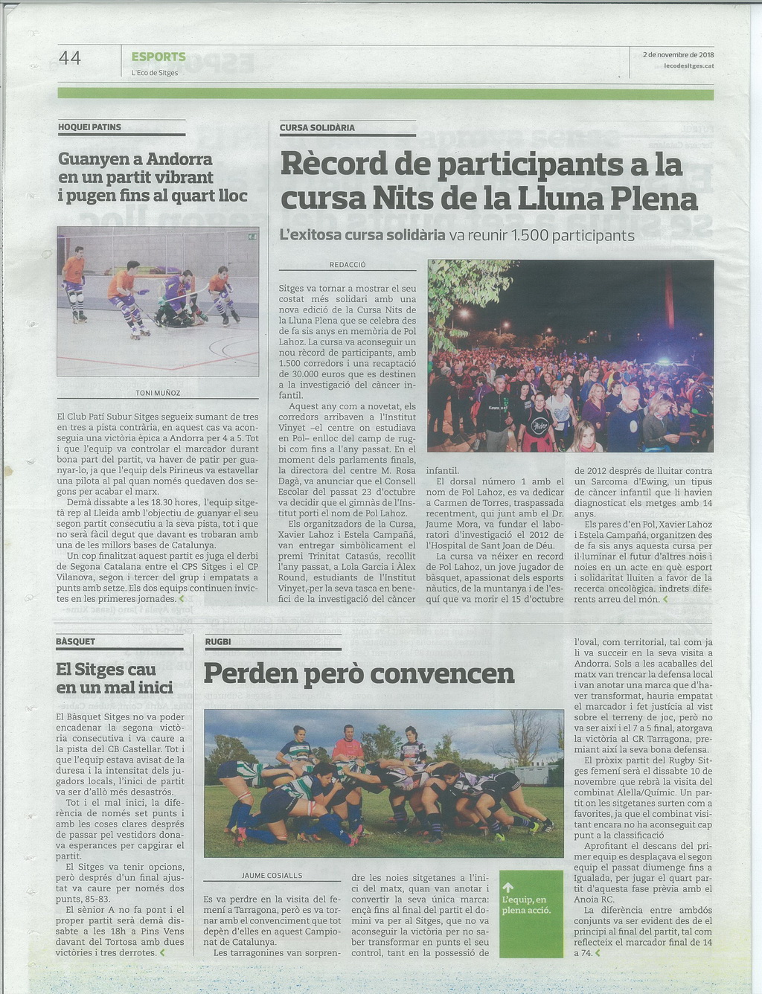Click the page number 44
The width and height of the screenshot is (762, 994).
[69, 57]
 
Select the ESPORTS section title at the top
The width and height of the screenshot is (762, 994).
[159, 57]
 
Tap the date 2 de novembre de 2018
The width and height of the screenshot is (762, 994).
[678, 54]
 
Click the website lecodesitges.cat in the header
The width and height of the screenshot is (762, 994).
[688, 66]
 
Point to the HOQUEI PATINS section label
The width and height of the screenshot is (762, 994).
[89, 127]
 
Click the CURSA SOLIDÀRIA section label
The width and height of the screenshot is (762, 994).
[317, 128]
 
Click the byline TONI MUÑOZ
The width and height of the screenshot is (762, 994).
[158, 393]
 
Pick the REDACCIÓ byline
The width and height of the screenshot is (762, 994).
[348, 265]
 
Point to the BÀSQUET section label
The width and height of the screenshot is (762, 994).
[75, 641]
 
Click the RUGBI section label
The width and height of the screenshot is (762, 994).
[218, 641]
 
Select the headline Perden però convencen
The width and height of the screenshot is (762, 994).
[359, 673]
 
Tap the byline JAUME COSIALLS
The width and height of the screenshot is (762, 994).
[272, 876]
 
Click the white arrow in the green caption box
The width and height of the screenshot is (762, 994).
[508, 887]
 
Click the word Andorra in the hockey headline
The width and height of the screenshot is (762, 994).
[179, 159]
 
